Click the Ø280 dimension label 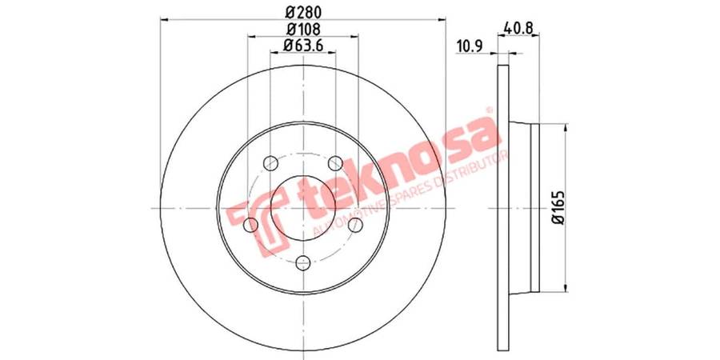(x=303, y=11)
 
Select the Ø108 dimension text (x=303, y=28)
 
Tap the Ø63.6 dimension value (x=303, y=45)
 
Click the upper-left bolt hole (x=271, y=163)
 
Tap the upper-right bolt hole (x=336, y=163)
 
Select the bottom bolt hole (x=303, y=262)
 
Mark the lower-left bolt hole (x=250, y=225)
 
